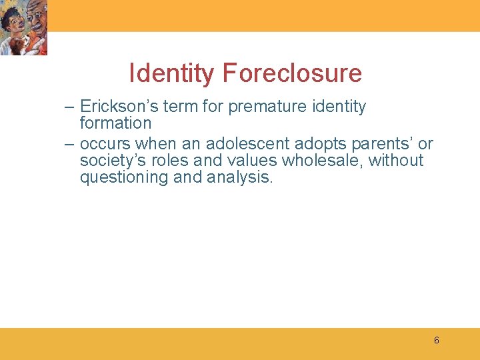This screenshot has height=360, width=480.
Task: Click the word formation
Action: click(115, 123)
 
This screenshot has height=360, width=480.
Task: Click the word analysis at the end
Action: click(239, 178)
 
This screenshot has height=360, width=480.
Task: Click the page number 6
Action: click(436, 341)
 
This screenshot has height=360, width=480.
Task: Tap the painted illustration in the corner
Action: click(23, 27)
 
